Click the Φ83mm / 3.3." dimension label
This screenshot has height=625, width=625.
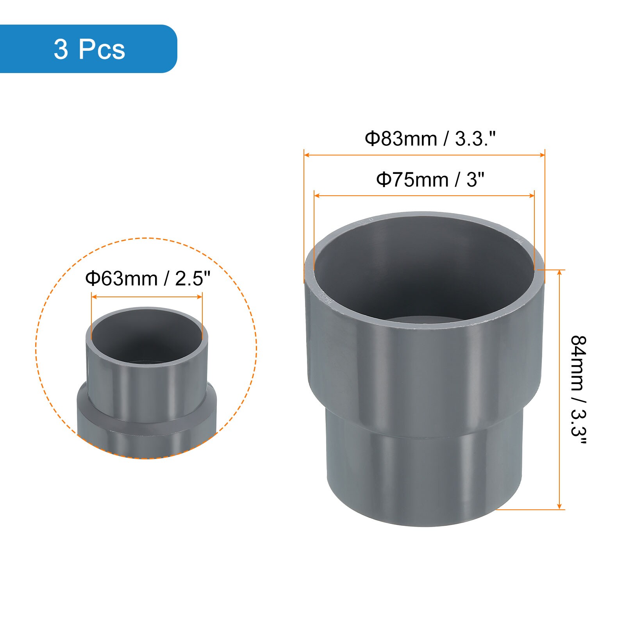[430, 139]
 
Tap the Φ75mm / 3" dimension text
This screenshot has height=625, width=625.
[430, 180]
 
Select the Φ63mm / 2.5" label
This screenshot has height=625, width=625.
[148, 279]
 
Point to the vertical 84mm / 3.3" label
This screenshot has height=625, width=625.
[579, 390]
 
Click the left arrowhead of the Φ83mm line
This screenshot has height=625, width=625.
[307, 155]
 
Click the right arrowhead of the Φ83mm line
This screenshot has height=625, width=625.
[542, 155]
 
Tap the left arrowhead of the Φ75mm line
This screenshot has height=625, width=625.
[317, 195]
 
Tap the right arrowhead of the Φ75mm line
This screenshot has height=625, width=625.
[532, 195]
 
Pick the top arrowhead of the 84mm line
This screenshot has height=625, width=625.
[560, 272]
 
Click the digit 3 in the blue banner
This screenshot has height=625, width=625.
[61, 49]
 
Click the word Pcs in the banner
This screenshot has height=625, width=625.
[102, 49]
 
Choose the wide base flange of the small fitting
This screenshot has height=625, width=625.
[147, 434]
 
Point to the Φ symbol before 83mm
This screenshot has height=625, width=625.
[372, 139]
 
